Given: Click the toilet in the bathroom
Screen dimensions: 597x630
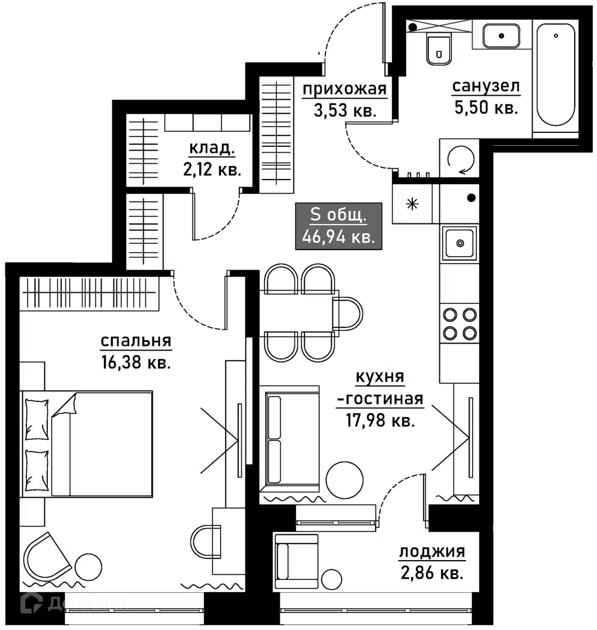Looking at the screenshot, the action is (x=439, y=50).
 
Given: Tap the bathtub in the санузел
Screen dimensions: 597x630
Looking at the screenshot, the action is (x=556, y=75).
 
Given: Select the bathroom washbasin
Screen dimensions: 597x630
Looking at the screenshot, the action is (x=501, y=36).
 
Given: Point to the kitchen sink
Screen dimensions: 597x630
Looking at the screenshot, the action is (x=460, y=243).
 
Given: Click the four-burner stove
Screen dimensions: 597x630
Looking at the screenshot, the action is (x=460, y=323).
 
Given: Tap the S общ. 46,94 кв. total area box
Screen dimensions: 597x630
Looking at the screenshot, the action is (x=339, y=226).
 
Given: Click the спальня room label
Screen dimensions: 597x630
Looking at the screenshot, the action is (x=136, y=341).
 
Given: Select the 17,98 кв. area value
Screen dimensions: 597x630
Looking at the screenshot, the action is (x=380, y=420).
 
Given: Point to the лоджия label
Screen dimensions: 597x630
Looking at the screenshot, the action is (x=432, y=551).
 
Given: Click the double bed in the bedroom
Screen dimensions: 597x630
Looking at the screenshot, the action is (x=86, y=444).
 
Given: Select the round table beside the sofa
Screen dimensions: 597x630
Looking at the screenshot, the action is (x=345, y=480).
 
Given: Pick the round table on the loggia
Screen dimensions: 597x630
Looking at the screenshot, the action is (x=331, y=580).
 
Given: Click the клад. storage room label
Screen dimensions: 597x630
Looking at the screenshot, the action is (x=212, y=148).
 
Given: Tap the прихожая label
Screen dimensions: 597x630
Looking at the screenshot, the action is (x=345, y=89).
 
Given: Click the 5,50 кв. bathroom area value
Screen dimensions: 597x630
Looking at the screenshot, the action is (x=486, y=107).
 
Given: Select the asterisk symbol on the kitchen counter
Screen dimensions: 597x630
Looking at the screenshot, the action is (x=412, y=204).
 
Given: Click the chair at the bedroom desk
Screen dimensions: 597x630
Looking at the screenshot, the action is (x=206, y=541).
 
